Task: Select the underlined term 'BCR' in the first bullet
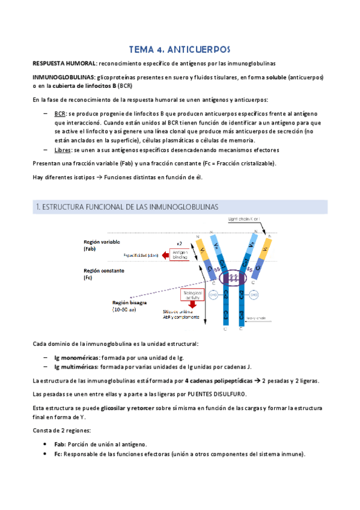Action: point(60,113)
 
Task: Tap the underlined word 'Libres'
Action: point(63,150)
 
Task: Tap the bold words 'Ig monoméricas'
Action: point(78,358)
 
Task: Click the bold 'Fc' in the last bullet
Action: point(58,455)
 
